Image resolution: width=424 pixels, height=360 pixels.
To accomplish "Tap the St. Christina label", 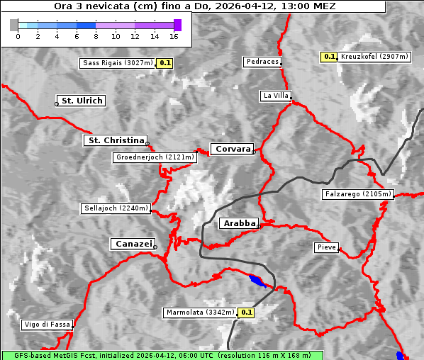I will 115,140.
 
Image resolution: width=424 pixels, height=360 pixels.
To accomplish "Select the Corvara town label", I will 231,149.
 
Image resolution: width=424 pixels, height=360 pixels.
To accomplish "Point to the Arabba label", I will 238,223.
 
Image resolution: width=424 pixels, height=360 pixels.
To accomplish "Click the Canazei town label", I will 132,244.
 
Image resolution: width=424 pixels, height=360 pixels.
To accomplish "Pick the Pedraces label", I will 262,62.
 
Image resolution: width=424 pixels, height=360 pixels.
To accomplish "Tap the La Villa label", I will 275,96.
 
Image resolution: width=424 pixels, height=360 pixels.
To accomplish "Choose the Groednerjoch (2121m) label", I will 153,157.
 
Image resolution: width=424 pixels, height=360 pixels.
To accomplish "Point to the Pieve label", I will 326,247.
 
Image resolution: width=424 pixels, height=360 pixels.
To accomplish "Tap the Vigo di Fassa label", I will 47,325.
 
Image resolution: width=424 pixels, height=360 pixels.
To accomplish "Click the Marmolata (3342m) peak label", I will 200,313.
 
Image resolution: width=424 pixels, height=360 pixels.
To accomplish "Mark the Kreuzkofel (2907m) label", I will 374,57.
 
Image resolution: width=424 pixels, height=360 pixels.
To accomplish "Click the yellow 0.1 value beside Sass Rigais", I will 165,63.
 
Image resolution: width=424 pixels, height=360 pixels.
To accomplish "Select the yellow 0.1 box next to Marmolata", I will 246,313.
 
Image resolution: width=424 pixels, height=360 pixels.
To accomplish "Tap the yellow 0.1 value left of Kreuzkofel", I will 329,57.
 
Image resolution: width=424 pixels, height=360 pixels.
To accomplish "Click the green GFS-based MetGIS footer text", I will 162,355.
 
